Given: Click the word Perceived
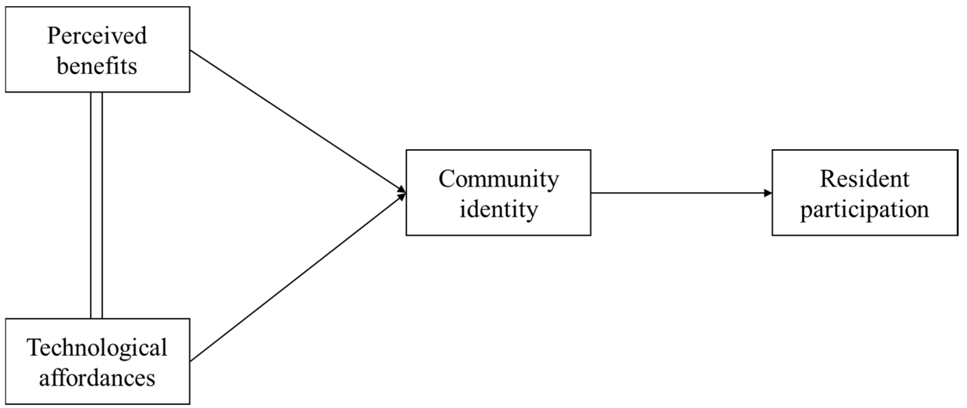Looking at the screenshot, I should pos(97,36).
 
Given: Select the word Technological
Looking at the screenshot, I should pos(97,348).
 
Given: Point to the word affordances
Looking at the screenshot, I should pos(97,378).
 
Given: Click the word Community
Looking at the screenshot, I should pos(499,179).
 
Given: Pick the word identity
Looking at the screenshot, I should pos(499,209).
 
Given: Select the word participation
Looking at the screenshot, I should pos(864,209).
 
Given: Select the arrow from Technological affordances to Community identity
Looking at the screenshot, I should pos(296,278).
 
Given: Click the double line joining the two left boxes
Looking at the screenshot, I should pos(96,205).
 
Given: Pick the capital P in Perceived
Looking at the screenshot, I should pos(53,36).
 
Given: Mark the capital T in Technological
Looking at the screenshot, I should pos(34,348).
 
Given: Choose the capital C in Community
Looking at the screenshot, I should pos(447,179).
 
